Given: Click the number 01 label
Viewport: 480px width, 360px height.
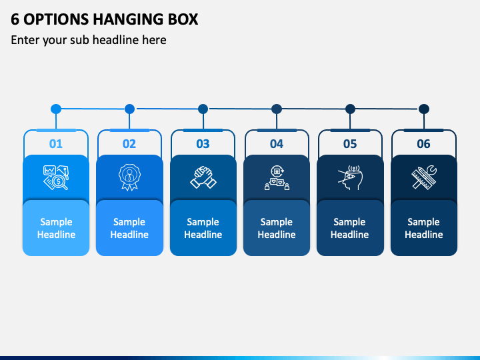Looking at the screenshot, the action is pyautogui.click(x=56, y=143).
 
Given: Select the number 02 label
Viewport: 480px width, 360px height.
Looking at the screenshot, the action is pyautogui.click(x=129, y=143).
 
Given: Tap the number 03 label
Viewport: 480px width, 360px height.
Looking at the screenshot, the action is pyautogui.click(x=203, y=143).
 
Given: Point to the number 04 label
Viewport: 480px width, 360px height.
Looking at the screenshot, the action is pyautogui.click(x=277, y=143).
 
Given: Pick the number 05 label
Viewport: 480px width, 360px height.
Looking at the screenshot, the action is pyautogui.click(x=350, y=143).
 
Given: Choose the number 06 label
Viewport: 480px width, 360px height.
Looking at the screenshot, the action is pyautogui.click(x=424, y=143).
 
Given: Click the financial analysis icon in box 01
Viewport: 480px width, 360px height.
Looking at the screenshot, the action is pyautogui.click(x=56, y=177).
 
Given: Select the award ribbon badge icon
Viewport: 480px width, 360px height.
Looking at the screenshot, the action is pyautogui.click(x=129, y=177).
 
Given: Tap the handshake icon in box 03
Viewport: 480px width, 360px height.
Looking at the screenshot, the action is pyautogui.click(x=203, y=177).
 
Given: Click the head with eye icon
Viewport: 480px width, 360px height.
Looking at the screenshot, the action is pyautogui.click(x=350, y=177).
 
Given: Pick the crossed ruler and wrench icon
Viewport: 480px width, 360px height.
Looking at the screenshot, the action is pyautogui.click(x=424, y=177).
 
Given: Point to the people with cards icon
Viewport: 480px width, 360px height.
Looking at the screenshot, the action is pyautogui.click(x=277, y=177).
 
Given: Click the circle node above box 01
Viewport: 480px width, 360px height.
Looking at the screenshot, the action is pyautogui.click(x=56, y=109).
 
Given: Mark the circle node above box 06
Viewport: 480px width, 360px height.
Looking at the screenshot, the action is pyautogui.click(x=424, y=109).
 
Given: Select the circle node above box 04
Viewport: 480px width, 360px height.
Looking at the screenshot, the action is pyautogui.click(x=277, y=109).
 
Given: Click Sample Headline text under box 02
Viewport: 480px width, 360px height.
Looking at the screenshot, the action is pyautogui.click(x=129, y=228).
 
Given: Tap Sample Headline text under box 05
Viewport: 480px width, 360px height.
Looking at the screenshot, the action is pyautogui.click(x=349, y=228).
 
